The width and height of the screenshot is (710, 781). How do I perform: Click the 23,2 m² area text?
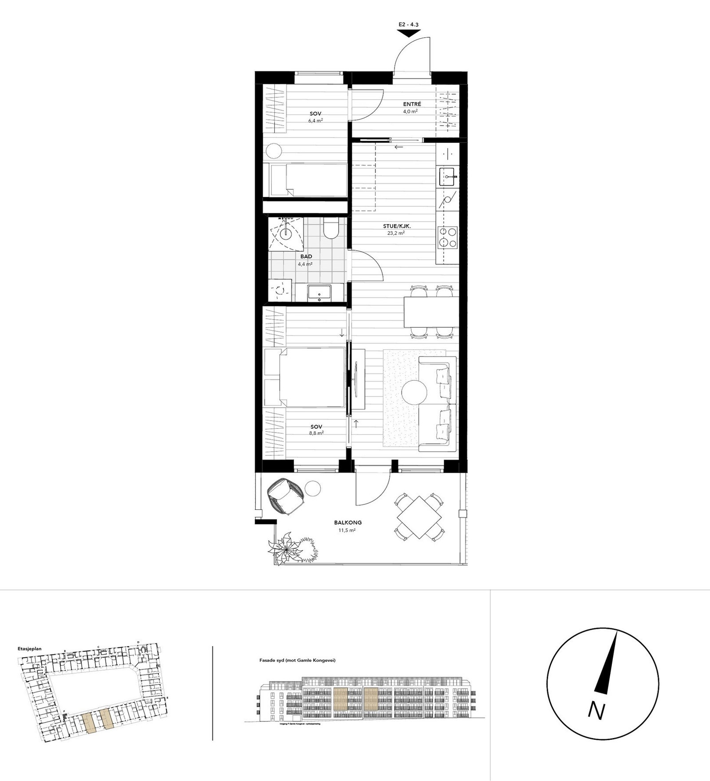tap(397, 233)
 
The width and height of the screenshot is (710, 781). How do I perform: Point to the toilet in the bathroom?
tap(331, 229)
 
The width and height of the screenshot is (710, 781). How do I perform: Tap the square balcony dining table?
tap(420, 516)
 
